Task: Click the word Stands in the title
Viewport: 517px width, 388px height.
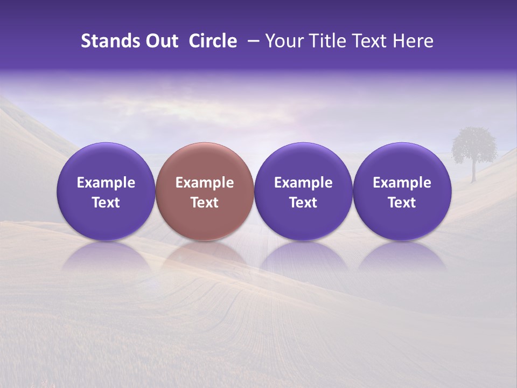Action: [x=107, y=41]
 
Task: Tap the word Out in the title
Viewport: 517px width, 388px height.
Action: [x=160, y=41]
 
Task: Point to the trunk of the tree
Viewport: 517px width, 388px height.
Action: [x=474, y=171]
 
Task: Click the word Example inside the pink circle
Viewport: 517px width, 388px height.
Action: [x=205, y=183]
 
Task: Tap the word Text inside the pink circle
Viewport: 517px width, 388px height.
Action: [x=205, y=203]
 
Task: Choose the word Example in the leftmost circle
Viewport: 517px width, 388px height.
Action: [x=106, y=183]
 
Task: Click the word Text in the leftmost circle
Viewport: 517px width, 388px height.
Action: [x=106, y=203]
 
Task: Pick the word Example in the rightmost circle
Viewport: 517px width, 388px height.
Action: [x=402, y=183]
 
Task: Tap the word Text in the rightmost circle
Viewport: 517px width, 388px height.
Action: [x=402, y=203]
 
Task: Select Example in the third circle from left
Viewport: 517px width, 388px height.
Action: [x=303, y=183]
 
